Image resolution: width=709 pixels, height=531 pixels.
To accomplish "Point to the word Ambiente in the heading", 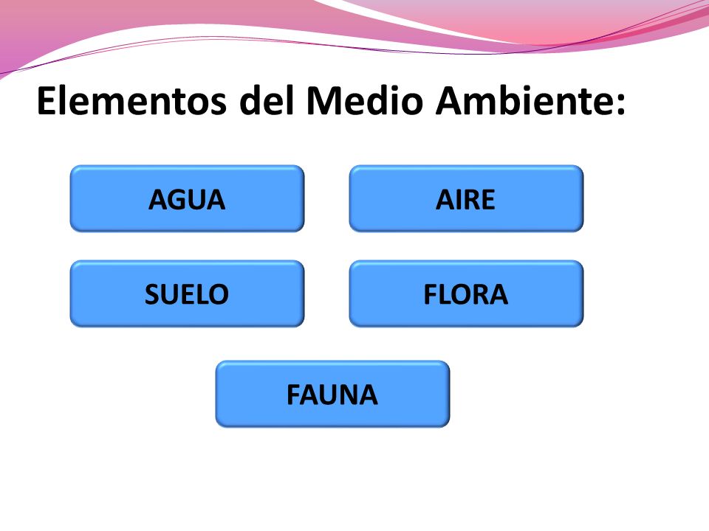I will point(521,103).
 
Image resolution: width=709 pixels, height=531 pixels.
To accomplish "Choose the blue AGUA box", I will point(187,198).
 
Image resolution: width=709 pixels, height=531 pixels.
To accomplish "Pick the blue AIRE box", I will point(466,198).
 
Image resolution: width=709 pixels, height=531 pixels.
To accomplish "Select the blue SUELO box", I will point(187,294).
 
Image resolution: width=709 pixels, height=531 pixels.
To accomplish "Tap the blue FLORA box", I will point(466,294).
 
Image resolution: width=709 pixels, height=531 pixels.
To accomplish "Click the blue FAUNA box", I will point(332,394).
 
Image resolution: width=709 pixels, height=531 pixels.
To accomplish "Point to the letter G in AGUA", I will point(176,199).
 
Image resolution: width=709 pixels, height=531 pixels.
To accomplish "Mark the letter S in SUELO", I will point(153,294).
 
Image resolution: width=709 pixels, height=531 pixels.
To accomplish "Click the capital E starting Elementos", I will point(46,103).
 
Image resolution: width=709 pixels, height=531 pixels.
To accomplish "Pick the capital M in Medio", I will point(323,103).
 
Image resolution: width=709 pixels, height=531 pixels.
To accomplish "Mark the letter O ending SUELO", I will point(218,294).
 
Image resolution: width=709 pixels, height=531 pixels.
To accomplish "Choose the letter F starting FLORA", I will point(431,294).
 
